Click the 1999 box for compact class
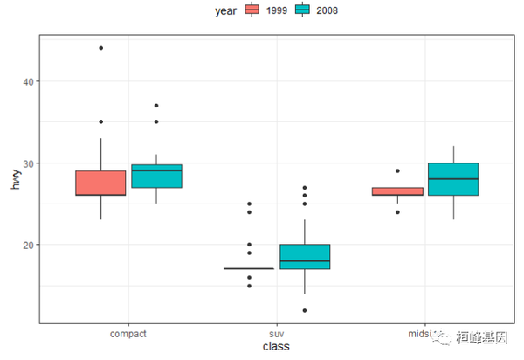pyautogui.click(x=100, y=183)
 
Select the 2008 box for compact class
pyautogui.click(x=156, y=176)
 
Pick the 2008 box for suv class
pyautogui.click(x=305, y=256)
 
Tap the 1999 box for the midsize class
pyautogui.click(x=397, y=191)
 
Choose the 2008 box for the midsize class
pyautogui.click(x=453, y=179)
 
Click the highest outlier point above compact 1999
pyautogui.click(x=100, y=48)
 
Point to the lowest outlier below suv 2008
pyautogui.click(x=305, y=310)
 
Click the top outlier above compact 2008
pyautogui.click(x=156, y=106)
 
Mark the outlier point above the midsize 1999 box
pyautogui.click(x=397, y=171)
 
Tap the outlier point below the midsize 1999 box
pyautogui.click(x=397, y=211)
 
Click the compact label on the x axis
pyautogui.click(x=128, y=334)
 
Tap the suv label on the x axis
pyautogui.click(x=277, y=334)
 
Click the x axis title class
pyautogui.click(x=277, y=347)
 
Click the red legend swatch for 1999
pyautogui.click(x=253, y=10)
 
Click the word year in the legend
pyautogui.click(x=226, y=10)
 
